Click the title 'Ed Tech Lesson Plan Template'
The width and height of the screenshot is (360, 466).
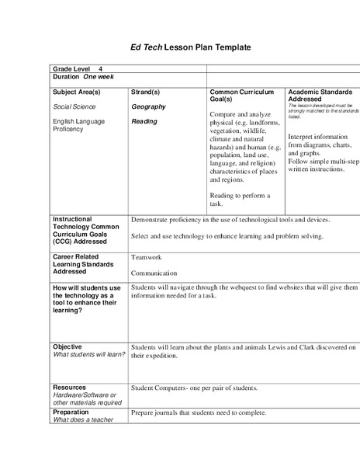pyautogui.click(x=180, y=47)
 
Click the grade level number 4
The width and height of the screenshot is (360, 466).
pyautogui.click(x=101, y=69)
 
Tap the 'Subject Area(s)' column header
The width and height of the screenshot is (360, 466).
pyautogui.click(x=76, y=92)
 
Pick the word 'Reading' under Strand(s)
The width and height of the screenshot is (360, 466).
pyautogui.click(x=144, y=121)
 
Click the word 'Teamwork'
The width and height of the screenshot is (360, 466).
pyautogui.click(x=147, y=257)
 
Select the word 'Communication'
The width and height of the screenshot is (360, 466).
pyautogui.click(x=154, y=273)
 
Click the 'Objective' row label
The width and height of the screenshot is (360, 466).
pyautogui.click(x=67, y=346)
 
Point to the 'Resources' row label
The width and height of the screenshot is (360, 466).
pyautogui.click(x=69, y=387)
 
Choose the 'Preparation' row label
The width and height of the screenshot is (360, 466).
pyautogui.click(x=72, y=412)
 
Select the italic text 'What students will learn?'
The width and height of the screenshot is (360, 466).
pyautogui.click(x=83, y=355)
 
